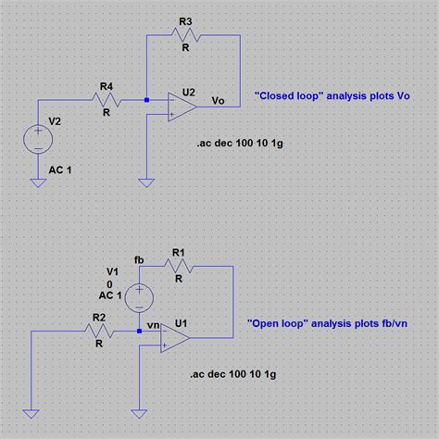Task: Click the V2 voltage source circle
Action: [39, 142]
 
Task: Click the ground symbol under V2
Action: [39, 182]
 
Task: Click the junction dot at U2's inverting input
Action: [146, 99]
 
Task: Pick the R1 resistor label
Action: [180, 252]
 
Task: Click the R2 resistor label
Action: [98, 318]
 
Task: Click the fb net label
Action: [140, 258]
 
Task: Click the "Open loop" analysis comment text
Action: [328, 325]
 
